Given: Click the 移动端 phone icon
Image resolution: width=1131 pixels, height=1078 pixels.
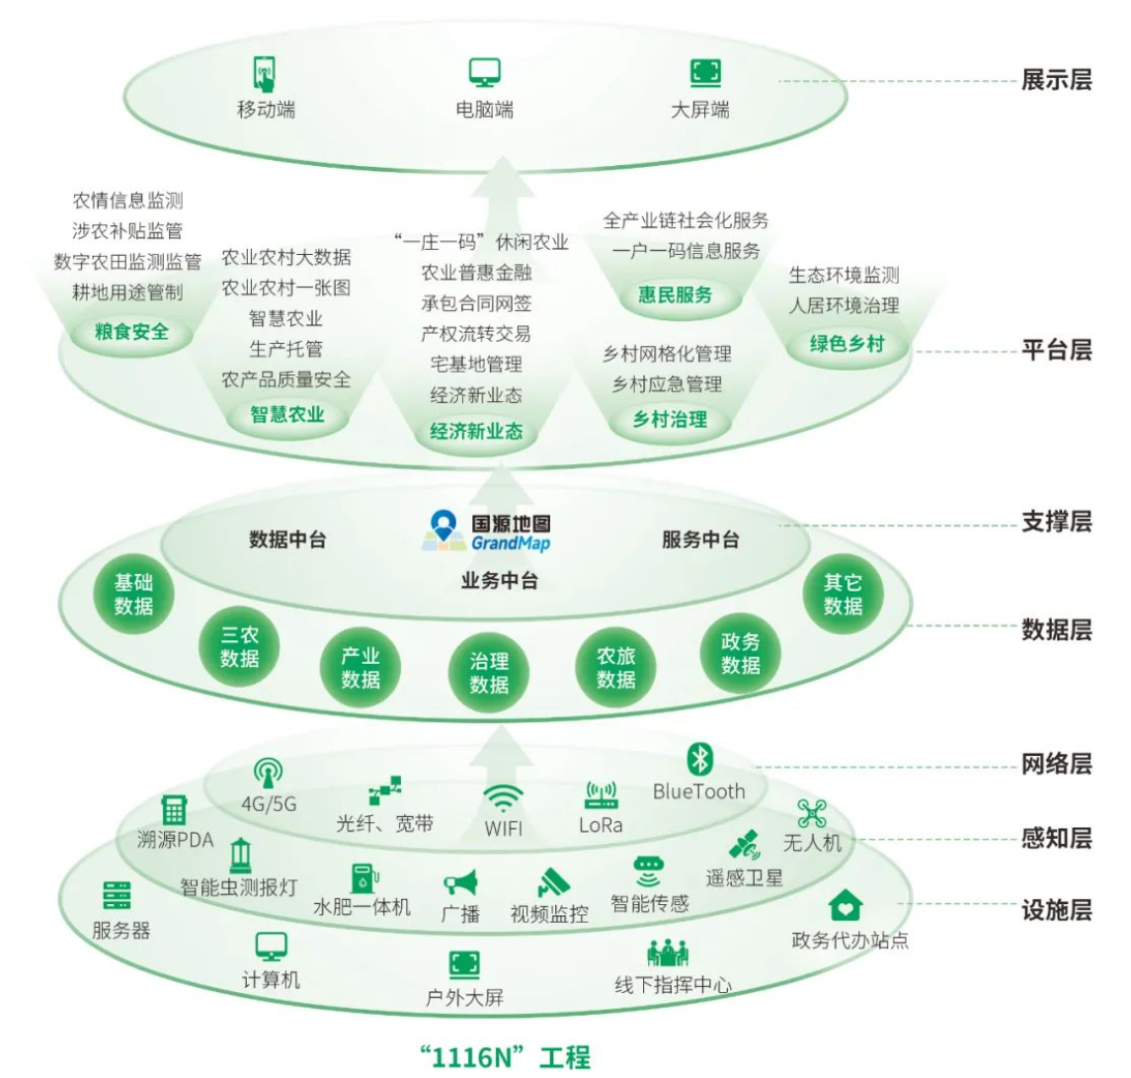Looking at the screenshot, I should pyautogui.click(x=264, y=74).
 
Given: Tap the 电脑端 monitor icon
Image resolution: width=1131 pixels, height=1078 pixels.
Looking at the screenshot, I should pyautogui.click(x=484, y=73).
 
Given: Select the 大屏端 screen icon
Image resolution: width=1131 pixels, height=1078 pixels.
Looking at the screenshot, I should pyautogui.click(x=704, y=73).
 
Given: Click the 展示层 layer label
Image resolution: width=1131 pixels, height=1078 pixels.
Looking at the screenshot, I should pyautogui.click(x=1056, y=80).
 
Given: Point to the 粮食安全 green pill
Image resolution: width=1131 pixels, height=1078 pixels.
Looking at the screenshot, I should pyautogui.click(x=131, y=332).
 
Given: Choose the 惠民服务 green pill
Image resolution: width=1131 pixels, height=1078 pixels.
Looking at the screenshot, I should pyautogui.click(x=675, y=294).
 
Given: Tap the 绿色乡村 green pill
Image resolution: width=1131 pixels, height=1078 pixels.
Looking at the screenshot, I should pyautogui.click(x=847, y=345).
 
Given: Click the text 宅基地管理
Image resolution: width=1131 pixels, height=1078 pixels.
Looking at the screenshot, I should pyautogui.click(x=476, y=365).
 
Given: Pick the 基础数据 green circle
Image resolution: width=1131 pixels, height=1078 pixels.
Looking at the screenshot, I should pyautogui.click(x=133, y=595).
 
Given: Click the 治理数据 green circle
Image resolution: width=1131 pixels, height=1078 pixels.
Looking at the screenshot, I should pyautogui.click(x=489, y=673).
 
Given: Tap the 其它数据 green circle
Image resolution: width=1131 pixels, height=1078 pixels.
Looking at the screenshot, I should pyautogui.click(x=843, y=595).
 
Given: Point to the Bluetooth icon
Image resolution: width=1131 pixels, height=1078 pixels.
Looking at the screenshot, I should pyautogui.click(x=699, y=759).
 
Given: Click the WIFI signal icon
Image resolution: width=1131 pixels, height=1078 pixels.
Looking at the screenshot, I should pyautogui.click(x=503, y=798).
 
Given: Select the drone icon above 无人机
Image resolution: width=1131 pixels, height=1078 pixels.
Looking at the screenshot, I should pyautogui.click(x=812, y=813).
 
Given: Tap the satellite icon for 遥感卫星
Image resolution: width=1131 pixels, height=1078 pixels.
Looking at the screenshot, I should pyautogui.click(x=744, y=847).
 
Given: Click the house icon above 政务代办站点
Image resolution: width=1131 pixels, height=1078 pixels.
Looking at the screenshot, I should pyautogui.click(x=845, y=905).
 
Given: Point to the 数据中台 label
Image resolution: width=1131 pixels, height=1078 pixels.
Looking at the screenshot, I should pyautogui.click(x=287, y=539).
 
